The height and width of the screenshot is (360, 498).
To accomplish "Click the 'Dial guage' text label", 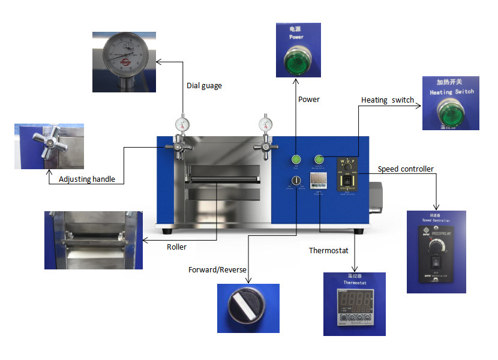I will pyautogui.click(x=204, y=86).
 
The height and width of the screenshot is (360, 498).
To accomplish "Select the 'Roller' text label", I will pyautogui.click(x=176, y=247).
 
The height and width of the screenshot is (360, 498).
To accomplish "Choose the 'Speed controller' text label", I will pyautogui.click(x=405, y=169).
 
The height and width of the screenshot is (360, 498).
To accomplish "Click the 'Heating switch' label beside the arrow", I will pyautogui.click(x=387, y=100).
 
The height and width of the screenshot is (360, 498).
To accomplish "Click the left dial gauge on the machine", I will pyautogui.click(x=182, y=125).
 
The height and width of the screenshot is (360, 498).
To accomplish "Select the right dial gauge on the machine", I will pyautogui.click(x=265, y=125).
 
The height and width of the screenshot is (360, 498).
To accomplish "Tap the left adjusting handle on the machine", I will pyautogui.click(x=182, y=146).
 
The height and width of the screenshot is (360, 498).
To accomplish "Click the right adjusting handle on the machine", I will pyautogui.click(x=263, y=146).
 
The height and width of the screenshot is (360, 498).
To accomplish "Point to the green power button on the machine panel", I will pyautogui.click(x=296, y=160).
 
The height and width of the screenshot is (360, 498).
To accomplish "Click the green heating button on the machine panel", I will pyautogui.click(x=319, y=160).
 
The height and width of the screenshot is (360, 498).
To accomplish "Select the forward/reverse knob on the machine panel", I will pyautogui.click(x=296, y=181).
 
